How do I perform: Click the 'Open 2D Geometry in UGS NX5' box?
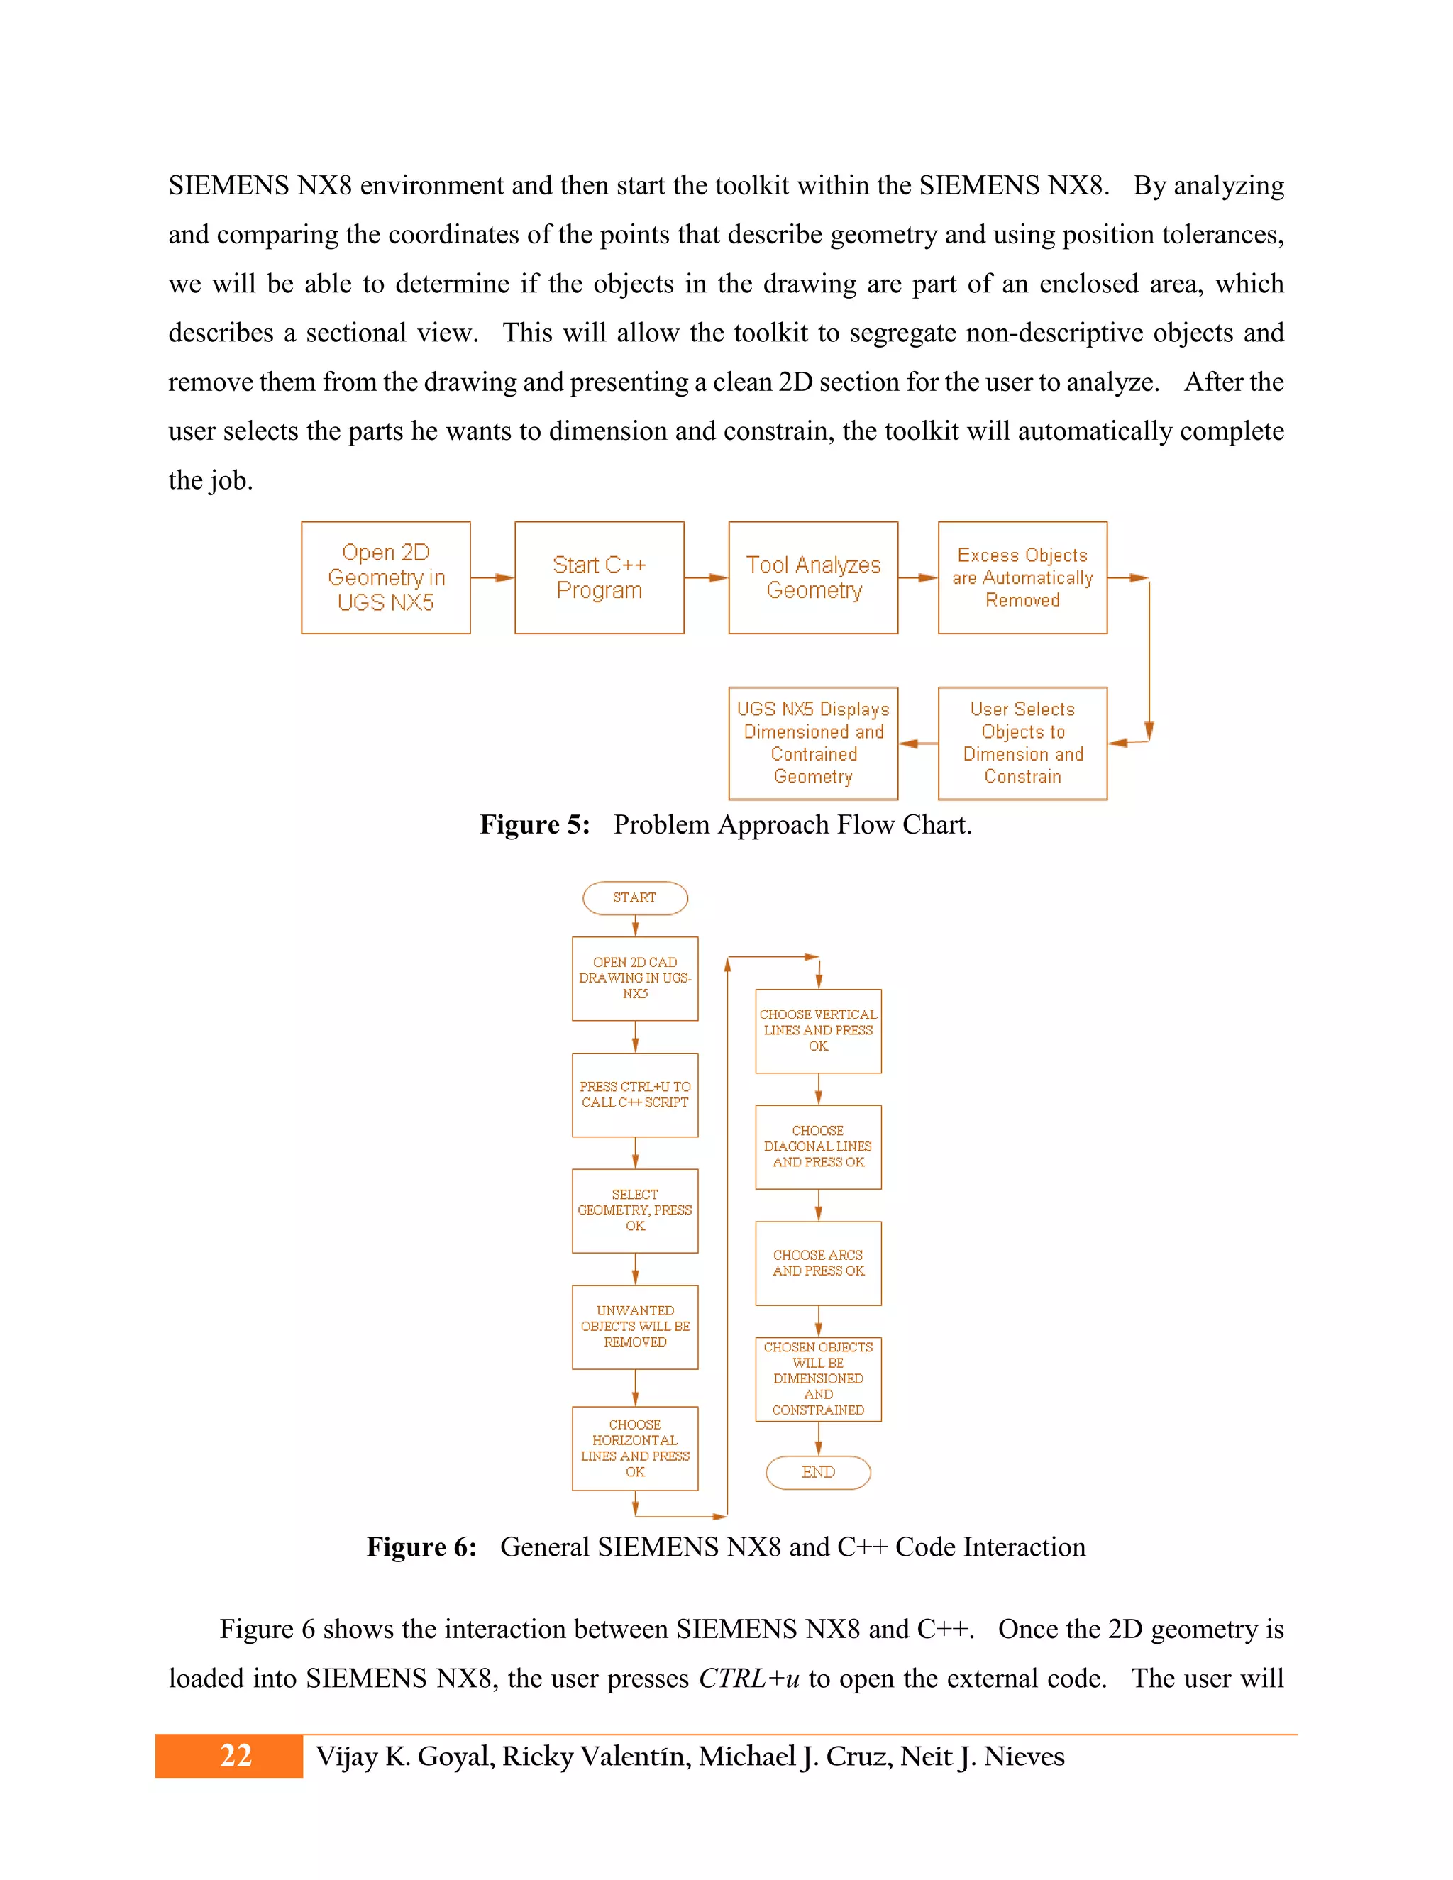386,577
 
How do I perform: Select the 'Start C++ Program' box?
599,577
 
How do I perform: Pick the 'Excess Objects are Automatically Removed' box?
1022,577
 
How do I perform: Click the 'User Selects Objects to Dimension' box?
1022,743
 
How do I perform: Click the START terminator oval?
634,898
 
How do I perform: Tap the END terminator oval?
818,1472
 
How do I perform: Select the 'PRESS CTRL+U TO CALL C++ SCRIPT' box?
634,1095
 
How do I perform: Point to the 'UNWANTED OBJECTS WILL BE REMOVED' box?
634,1327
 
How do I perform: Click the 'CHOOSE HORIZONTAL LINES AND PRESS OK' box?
634,1448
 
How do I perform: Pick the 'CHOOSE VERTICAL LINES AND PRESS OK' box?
818,1030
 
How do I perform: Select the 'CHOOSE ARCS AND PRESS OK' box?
818,1263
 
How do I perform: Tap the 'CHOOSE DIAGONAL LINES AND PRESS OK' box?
818,1146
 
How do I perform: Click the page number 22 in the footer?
235,1755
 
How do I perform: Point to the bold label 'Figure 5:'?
534,824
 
